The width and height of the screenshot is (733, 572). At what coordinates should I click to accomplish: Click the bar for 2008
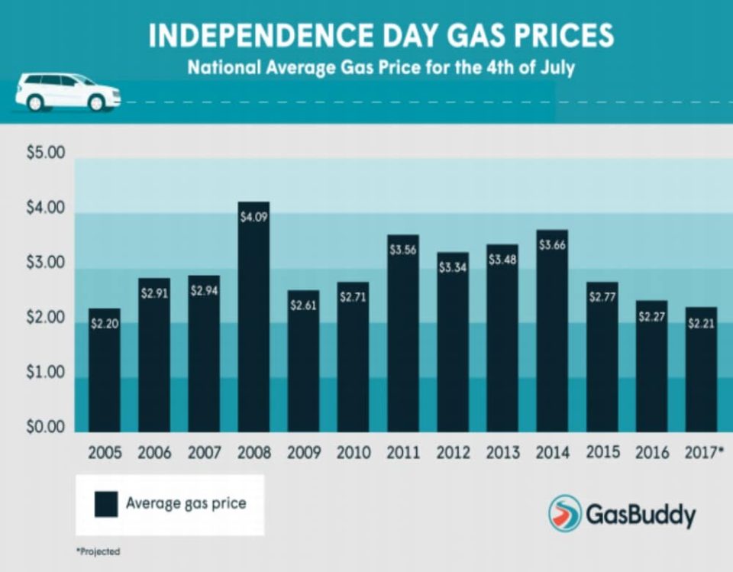click(x=253, y=321)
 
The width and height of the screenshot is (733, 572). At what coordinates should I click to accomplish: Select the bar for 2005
click(x=105, y=374)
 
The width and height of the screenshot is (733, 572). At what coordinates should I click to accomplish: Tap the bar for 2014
click(x=552, y=336)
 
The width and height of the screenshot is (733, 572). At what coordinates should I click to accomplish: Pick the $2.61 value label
click(x=303, y=305)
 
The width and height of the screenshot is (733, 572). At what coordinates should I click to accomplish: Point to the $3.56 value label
click(x=402, y=250)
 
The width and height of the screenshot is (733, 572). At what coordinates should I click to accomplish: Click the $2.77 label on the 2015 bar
click(x=602, y=297)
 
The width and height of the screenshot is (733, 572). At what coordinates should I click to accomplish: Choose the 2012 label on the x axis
click(x=453, y=453)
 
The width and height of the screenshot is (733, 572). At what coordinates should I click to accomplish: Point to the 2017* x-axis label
click(x=703, y=453)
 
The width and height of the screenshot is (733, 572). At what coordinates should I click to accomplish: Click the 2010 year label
click(x=353, y=453)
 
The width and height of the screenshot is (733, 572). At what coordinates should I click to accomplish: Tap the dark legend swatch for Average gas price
click(x=105, y=504)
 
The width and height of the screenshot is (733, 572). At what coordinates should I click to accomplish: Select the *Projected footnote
click(x=98, y=551)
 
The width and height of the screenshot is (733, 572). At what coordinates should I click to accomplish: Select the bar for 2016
click(x=651, y=367)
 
